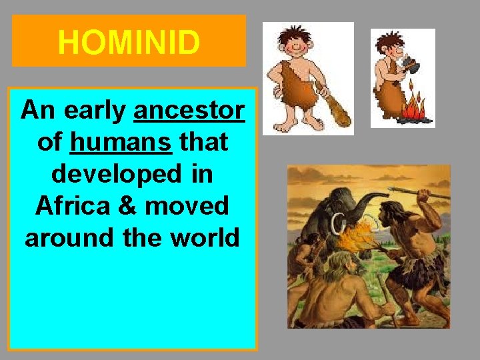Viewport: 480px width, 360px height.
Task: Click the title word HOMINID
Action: point(129,43)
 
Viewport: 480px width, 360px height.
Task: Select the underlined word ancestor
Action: point(189,110)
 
